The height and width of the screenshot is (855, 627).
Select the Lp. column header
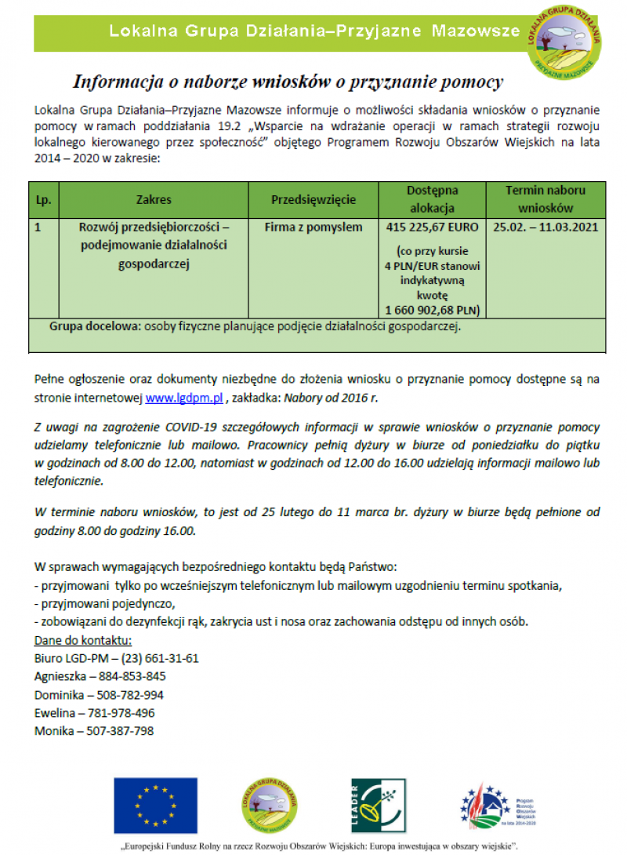[x=43, y=199]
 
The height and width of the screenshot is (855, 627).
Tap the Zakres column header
[x=153, y=199]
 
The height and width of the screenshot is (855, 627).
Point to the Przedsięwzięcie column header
[x=313, y=199]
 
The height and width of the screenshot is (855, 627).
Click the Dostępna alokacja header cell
[x=432, y=199]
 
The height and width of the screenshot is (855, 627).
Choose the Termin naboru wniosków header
[x=545, y=199]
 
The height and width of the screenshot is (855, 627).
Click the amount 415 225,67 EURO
[x=433, y=227]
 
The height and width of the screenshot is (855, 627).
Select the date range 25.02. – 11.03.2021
[x=545, y=227]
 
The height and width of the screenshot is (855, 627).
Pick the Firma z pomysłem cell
[x=313, y=227]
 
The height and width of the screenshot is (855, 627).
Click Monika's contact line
[x=94, y=731]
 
